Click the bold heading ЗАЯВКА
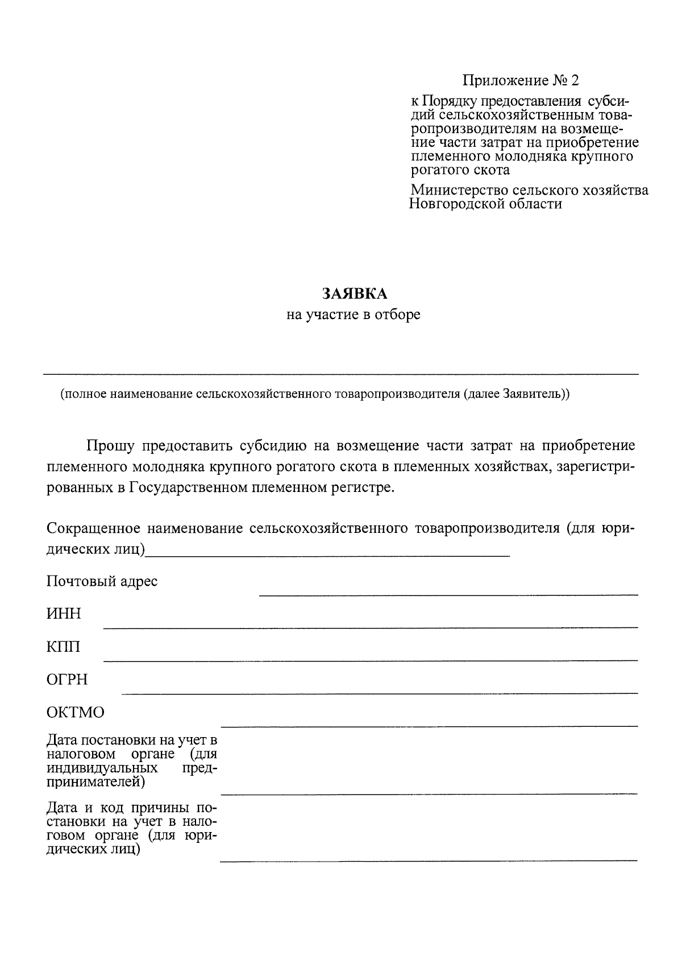(355, 293)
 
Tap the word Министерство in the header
(459, 190)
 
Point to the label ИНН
(64, 614)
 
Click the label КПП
(64, 647)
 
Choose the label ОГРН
(67, 680)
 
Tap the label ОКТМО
(76, 713)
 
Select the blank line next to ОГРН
(380, 693)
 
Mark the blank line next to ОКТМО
(429, 726)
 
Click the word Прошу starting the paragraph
(110, 445)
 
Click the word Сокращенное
(93, 528)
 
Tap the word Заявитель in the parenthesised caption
(531, 394)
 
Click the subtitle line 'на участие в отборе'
(353, 315)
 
